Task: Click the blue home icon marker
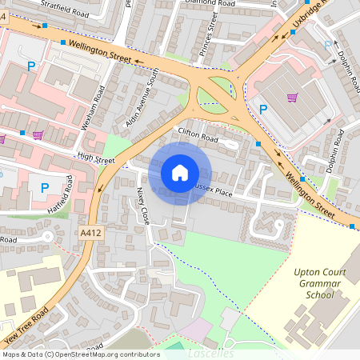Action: tap(180, 173)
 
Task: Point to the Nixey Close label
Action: tap(142, 206)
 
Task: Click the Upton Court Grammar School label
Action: tap(319, 283)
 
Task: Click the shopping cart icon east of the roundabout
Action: tap(292, 98)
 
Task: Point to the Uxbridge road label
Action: tap(308, 20)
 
